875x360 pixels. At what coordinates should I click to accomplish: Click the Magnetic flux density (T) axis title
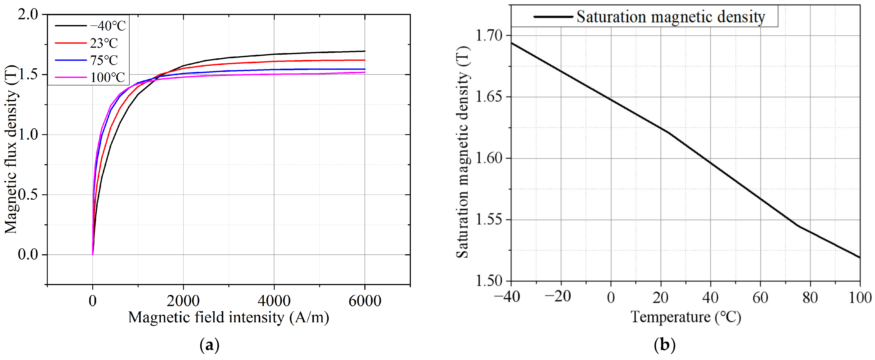pos(11,149)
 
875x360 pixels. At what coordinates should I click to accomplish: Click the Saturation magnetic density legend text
pos(671,17)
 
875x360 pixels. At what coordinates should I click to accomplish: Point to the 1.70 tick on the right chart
pos(488,35)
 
